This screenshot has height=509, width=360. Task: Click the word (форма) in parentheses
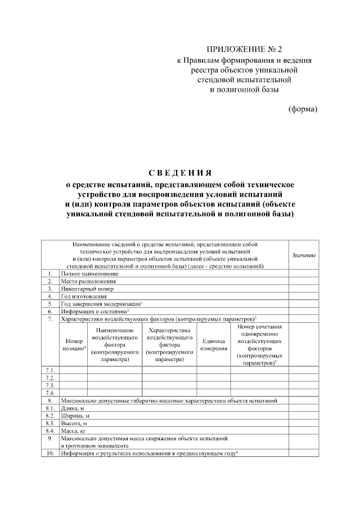point(303,109)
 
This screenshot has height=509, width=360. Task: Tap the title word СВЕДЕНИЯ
point(180,172)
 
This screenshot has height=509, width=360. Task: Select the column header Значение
point(304,255)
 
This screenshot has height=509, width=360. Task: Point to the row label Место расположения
point(88,281)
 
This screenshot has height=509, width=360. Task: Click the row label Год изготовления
point(84,295)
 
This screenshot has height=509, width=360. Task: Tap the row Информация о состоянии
point(96,310)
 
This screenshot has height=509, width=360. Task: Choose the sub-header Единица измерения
point(214,345)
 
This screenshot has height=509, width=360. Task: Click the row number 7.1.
point(49,370)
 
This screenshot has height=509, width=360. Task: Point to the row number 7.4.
point(49,393)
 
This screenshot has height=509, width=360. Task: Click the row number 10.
point(49,452)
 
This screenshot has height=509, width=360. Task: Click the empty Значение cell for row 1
point(304,273)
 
